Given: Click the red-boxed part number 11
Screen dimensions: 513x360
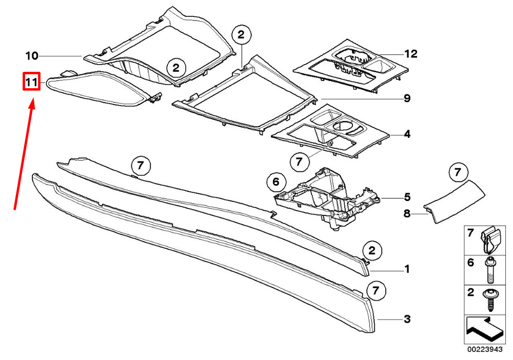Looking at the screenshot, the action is (31, 82).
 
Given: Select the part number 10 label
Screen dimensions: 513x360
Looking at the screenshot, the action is (32, 56).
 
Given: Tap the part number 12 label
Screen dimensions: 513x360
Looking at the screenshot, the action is (411, 54).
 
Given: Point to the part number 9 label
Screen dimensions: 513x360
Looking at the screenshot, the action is (407, 98).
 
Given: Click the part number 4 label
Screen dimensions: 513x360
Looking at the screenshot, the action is (407, 134).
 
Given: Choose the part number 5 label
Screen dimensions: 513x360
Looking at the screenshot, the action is (407, 197).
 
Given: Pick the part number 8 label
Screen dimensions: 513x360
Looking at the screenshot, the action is (407, 214).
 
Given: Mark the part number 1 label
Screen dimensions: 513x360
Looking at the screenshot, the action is (407, 269).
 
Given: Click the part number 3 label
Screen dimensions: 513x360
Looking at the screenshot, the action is (407, 319).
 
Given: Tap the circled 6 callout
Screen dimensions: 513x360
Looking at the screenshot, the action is (276, 182).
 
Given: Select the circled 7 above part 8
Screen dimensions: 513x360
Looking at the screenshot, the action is (458, 172).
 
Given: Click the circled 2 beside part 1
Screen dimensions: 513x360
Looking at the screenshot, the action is (372, 251).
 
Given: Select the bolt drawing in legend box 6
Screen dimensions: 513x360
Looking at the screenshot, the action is (490, 270).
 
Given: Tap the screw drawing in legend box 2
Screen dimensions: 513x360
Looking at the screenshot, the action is (490, 299).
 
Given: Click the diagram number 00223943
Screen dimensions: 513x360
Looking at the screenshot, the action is (485, 350).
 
